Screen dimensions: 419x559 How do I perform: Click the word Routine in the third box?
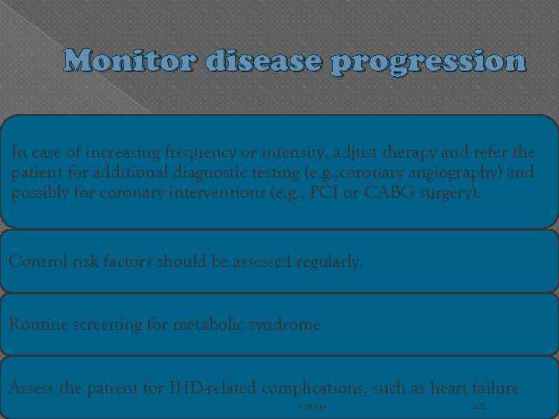click(34, 325)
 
